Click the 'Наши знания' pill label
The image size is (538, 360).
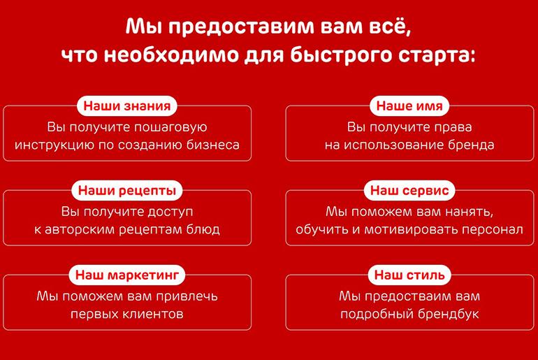(x=127, y=106)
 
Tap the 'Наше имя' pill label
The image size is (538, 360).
(x=409, y=106)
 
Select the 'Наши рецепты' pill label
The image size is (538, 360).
(x=127, y=190)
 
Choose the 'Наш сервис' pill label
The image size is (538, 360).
(x=409, y=190)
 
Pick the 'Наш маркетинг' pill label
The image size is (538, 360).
(x=127, y=275)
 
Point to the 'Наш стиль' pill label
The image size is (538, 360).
(x=409, y=275)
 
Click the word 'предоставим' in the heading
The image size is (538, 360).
(x=241, y=27)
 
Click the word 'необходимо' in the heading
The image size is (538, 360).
(x=171, y=55)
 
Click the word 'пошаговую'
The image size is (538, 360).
(x=170, y=128)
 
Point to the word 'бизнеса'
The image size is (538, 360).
(x=212, y=145)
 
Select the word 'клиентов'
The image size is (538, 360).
(x=156, y=314)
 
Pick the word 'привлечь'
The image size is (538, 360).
(x=187, y=296)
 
